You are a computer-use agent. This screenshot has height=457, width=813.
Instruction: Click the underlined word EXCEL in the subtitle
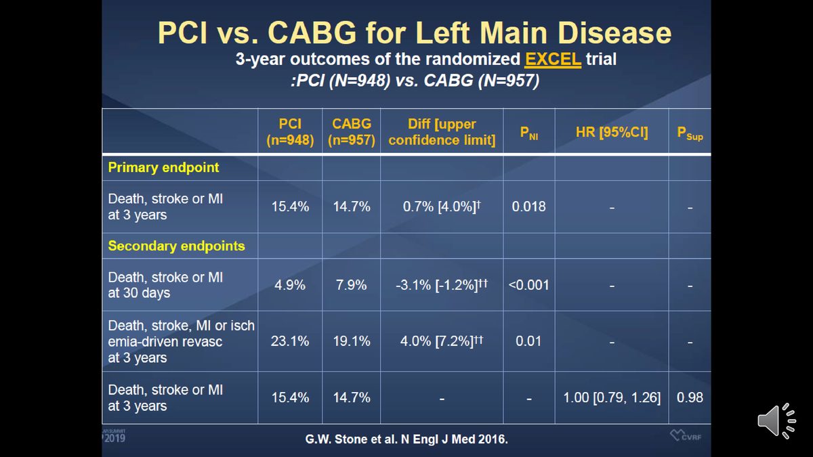(x=552, y=60)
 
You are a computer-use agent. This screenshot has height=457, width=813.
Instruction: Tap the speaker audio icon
(x=776, y=420)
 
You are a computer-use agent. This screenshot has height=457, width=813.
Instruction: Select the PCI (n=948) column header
(x=290, y=132)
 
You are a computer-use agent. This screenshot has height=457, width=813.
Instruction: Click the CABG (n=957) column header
(x=352, y=132)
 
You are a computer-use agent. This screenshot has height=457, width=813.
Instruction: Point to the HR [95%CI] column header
(x=612, y=132)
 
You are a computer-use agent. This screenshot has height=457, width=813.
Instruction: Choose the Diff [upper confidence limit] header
(x=442, y=132)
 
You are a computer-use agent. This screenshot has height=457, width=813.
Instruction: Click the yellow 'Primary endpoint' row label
(x=163, y=168)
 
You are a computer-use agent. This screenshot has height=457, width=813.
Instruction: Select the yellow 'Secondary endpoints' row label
(x=176, y=246)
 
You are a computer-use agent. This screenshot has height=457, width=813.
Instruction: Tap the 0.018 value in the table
(x=528, y=206)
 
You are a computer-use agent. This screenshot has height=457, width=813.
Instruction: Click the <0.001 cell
(x=528, y=285)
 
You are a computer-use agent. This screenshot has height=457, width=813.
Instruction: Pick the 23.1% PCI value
(x=290, y=341)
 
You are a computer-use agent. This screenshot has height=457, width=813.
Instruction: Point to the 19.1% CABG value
(x=352, y=341)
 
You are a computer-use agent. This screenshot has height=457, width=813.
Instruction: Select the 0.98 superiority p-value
(x=690, y=397)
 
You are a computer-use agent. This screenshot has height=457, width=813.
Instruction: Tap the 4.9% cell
(x=290, y=285)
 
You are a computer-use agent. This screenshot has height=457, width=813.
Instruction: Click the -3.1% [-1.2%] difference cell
(x=442, y=285)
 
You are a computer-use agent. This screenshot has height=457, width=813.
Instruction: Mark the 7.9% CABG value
(x=352, y=285)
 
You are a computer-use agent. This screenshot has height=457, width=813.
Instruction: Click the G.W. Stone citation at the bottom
(x=406, y=439)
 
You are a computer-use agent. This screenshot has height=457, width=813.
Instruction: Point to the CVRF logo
(x=686, y=435)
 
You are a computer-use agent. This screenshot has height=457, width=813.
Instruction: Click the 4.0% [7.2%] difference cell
(x=442, y=341)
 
